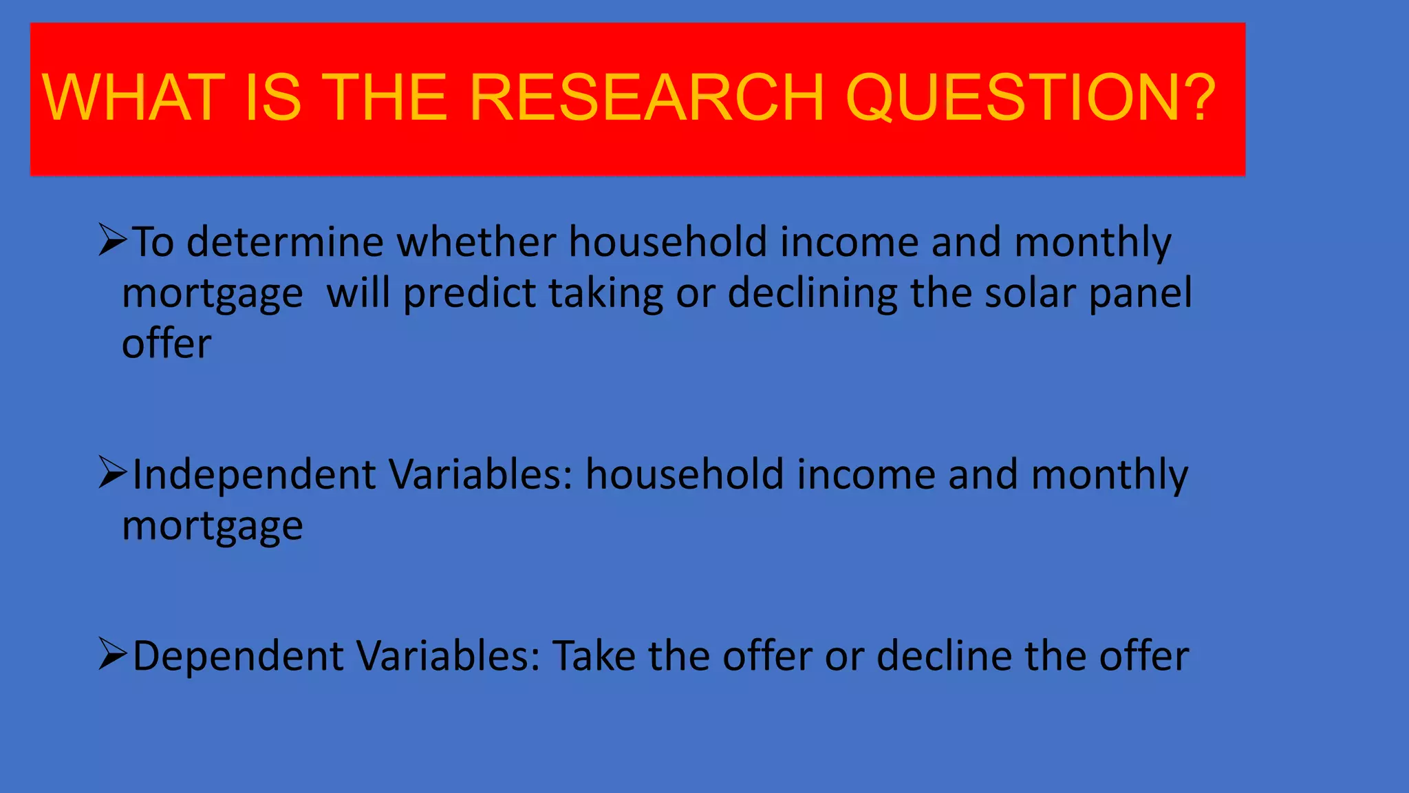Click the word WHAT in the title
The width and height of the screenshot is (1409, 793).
coord(133,98)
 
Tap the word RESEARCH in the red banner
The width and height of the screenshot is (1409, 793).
coord(646,98)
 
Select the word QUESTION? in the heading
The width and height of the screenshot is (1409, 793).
coord(1031,98)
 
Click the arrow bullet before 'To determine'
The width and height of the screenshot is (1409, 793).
coord(113,240)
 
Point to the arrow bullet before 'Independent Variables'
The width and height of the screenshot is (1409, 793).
coord(113,472)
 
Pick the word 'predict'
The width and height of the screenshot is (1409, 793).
coord(469,294)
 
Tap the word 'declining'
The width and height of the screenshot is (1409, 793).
coord(813,294)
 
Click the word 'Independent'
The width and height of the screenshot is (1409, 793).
coord(255,475)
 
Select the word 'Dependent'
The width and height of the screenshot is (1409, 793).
coord(238,656)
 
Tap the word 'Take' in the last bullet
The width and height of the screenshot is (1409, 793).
coord(594,656)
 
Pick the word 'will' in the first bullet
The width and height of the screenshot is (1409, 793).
coord(358,294)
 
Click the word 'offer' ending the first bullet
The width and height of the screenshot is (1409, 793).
coord(166,344)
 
